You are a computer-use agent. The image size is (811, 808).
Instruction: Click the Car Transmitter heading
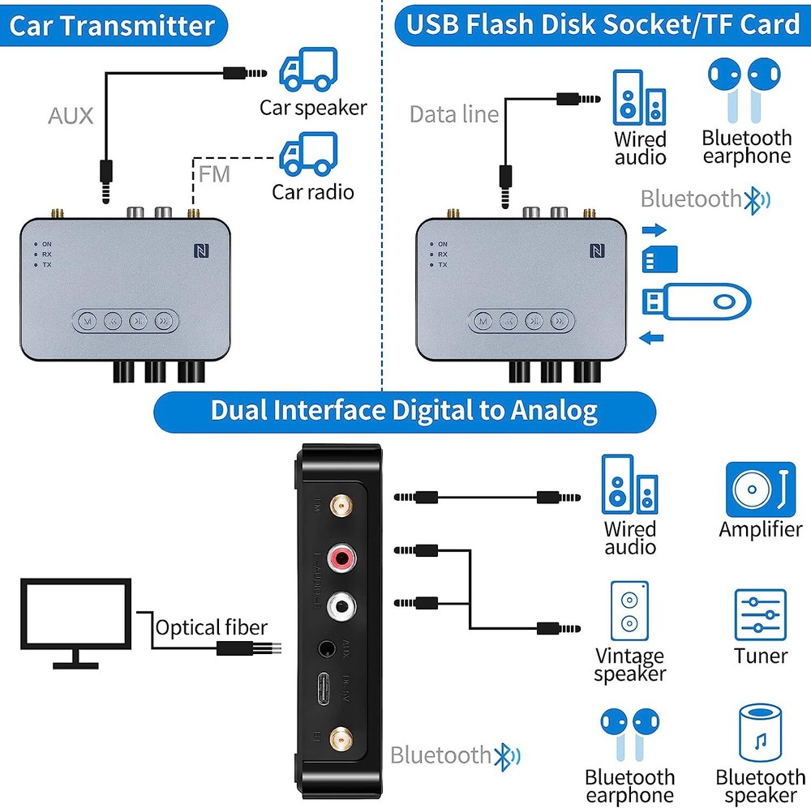pos(112,25)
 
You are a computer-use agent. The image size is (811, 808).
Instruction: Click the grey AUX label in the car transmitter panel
pos(71,115)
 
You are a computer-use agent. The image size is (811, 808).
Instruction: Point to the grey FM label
pos(214,174)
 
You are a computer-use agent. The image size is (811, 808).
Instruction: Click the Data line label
pos(454,114)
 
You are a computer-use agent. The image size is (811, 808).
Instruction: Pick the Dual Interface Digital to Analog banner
pos(404,410)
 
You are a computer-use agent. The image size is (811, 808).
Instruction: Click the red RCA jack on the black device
pos(342,558)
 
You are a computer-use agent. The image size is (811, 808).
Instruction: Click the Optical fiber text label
pos(211,627)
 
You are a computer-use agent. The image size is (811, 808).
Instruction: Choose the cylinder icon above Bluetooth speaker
pos(760,733)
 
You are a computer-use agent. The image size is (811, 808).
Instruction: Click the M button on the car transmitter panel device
pos(87,321)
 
